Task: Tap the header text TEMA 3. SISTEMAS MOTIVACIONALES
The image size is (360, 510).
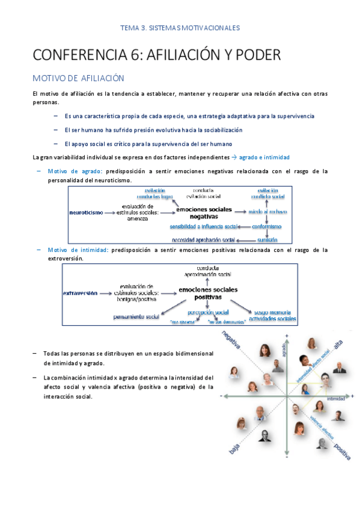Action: point(180,28)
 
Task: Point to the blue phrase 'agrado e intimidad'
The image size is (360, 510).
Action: point(264,157)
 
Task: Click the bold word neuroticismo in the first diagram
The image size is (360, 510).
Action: point(86,212)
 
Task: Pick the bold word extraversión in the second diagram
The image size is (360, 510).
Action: point(80,293)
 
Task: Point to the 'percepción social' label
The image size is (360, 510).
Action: point(208,313)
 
